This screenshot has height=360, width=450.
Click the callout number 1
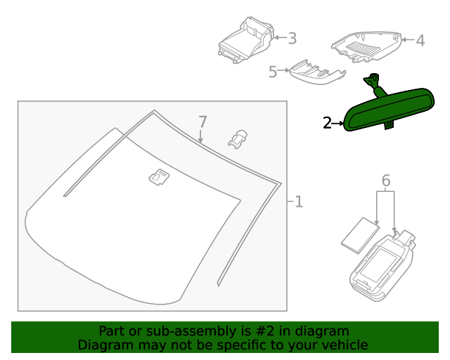point(299,202)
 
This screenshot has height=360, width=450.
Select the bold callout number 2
point(327,123)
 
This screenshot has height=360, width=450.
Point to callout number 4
point(420,41)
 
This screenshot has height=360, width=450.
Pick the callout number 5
point(273,72)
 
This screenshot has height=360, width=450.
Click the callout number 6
point(386,181)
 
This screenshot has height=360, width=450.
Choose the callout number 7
point(202,121)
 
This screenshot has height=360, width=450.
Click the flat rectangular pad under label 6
point(360,234)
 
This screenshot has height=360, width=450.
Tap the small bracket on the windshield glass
point(158,179)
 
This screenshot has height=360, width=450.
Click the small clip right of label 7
point(238,138)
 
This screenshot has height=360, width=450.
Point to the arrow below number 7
point(202,136)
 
